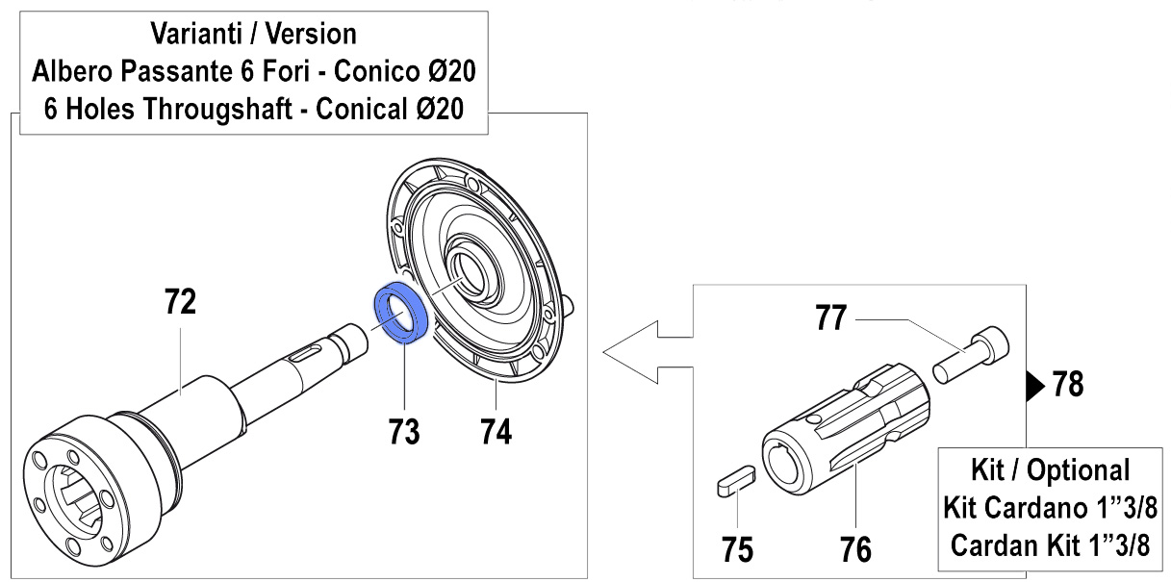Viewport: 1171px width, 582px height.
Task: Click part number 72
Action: [181, 303]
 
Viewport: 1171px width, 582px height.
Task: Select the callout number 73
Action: [404, 433]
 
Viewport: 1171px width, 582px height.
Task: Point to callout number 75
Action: [738, 549]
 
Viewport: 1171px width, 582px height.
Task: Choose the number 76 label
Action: [855, 549]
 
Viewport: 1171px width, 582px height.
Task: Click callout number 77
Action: [831, 318]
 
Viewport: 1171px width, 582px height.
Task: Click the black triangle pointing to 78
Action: [1032, 386]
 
